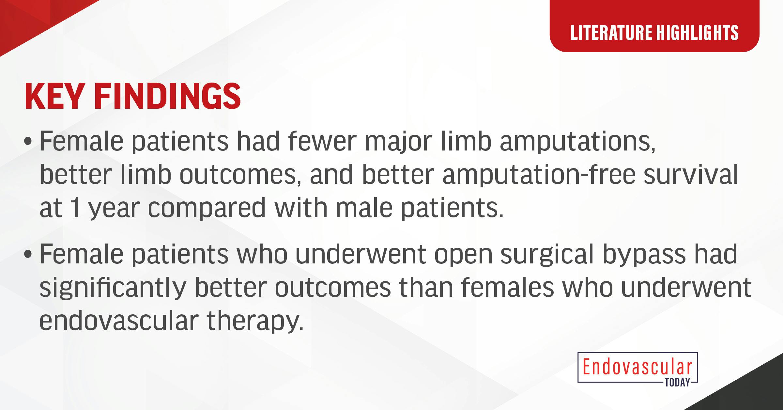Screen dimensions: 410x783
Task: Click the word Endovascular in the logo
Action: pos(637,368)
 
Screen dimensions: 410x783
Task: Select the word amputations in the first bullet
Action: pos(577,142)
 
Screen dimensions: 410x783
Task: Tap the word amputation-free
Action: pos(539,175)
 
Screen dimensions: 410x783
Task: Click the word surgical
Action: pos(547,255)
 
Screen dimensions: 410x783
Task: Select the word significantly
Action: pos(113,287)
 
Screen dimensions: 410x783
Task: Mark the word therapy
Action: pos(253,321)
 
